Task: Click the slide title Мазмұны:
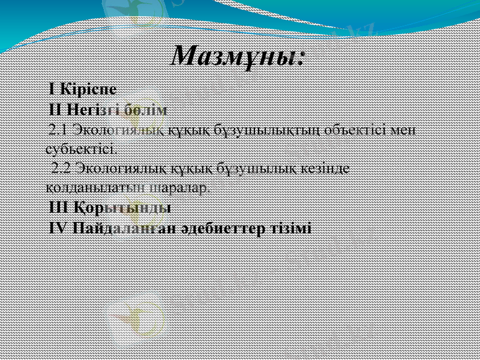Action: coord(239,56)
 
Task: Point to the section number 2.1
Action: coord(59,130)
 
